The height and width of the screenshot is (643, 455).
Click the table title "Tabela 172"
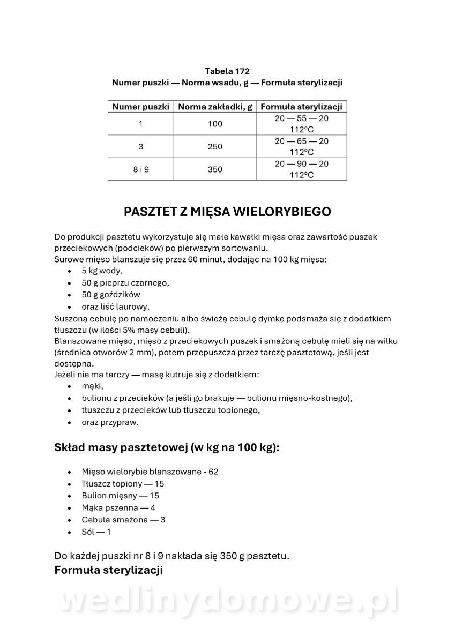227,71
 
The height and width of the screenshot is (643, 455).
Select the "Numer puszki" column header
140,107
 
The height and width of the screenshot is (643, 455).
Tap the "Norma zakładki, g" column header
215,107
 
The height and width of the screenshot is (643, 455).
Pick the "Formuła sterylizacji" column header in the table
301,107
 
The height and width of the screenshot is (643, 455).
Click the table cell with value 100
215,124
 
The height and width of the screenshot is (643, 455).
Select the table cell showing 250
215,147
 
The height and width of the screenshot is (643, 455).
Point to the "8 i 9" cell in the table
140,169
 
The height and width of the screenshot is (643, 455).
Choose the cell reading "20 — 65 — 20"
301,141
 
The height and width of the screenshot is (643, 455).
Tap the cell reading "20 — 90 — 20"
301,164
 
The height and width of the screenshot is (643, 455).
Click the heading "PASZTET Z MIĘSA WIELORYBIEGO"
227,212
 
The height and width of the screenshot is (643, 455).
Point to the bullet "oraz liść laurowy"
115,307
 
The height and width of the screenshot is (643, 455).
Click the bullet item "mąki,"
92,386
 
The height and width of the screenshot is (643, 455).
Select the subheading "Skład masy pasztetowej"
167,448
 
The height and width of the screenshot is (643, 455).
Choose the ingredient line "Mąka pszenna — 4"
118,507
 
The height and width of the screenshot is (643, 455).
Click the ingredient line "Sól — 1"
96,532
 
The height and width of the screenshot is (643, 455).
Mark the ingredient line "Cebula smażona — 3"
123,520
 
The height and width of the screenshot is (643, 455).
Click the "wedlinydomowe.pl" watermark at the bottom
227,602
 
